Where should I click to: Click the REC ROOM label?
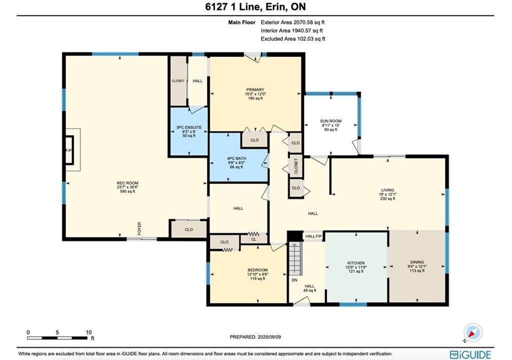[127, 183]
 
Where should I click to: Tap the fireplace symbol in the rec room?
[69, 149]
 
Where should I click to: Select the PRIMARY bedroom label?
[255, 90]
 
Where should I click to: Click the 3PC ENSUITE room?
[188, 131]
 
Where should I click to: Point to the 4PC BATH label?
[236, 158]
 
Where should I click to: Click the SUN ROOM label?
[330, 121]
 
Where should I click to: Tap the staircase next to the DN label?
[295, 258]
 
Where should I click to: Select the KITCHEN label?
[356, 263]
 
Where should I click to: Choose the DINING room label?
[417, 262]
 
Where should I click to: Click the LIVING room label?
[387, 190]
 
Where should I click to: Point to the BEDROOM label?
[257, 270]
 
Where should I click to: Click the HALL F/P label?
[313, 236]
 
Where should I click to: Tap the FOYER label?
[139, 228]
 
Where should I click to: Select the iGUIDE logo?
[470, 355]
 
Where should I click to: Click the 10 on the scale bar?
[88, 332]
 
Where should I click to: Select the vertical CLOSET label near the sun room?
[296, 166]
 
